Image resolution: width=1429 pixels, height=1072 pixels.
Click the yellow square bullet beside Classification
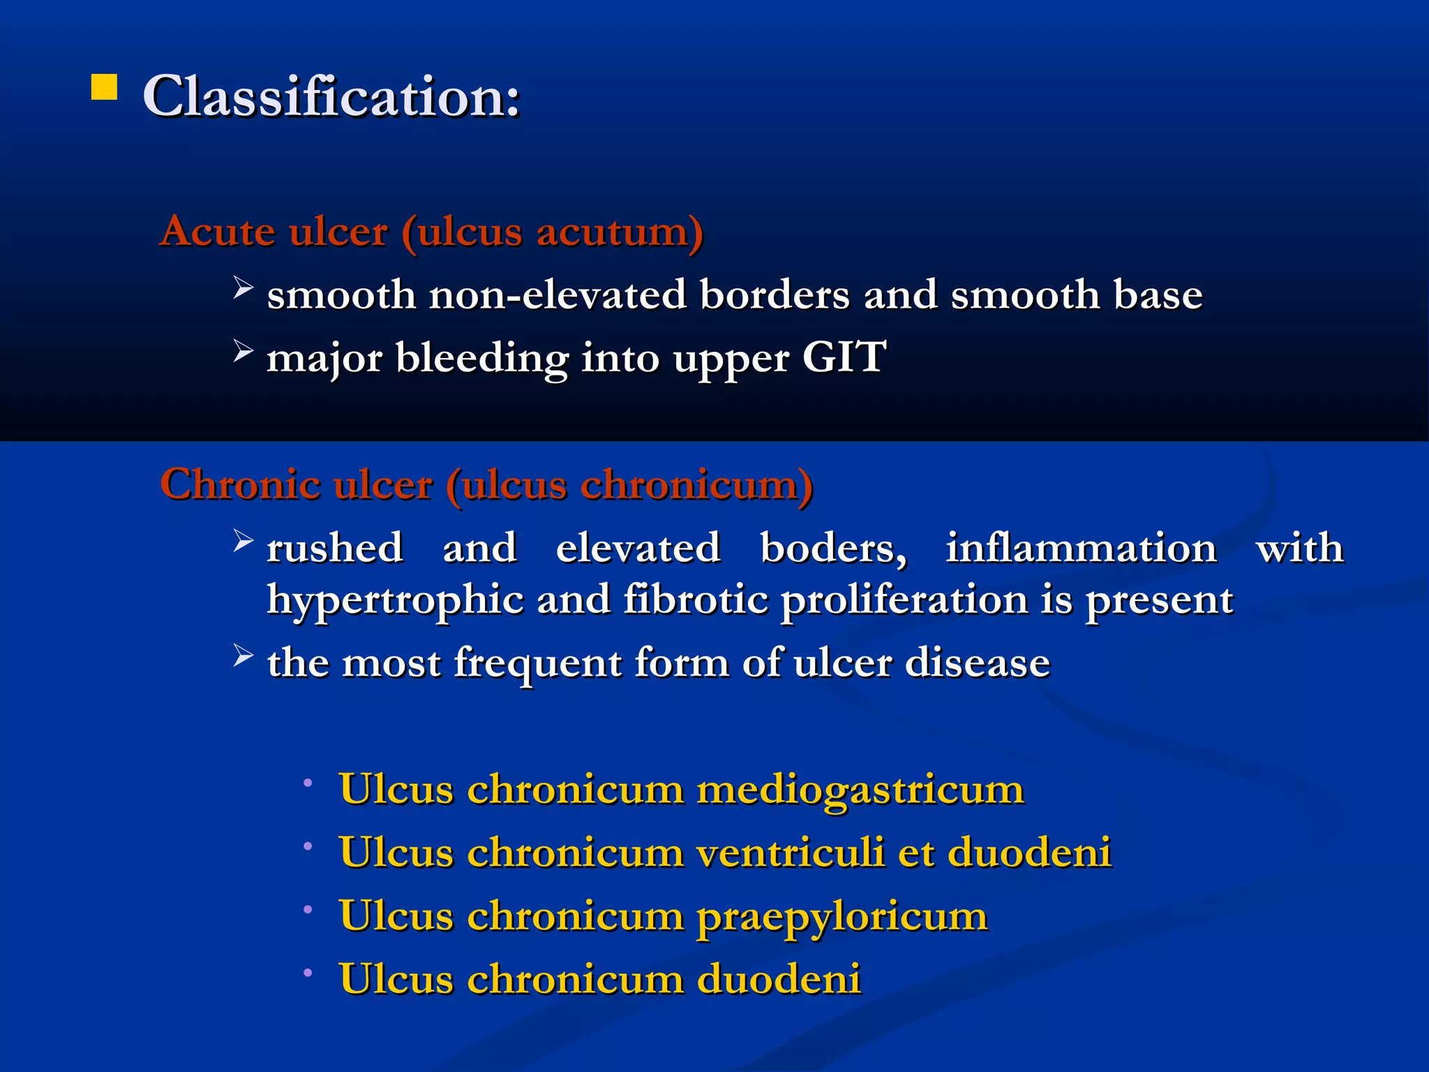104,88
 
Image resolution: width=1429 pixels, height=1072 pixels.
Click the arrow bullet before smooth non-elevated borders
242,287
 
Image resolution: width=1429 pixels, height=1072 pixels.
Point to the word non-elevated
558,295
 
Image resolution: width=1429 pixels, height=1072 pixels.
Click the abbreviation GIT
844,357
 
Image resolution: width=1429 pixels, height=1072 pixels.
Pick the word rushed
335,548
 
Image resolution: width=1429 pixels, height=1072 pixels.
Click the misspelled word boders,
833,548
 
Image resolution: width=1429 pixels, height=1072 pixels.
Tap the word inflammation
1081,548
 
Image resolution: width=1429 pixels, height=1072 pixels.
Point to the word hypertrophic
395,600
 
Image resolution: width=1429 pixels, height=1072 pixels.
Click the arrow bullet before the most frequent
242,655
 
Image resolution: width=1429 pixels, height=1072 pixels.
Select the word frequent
537,663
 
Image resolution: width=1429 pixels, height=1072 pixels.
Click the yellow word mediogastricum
860,791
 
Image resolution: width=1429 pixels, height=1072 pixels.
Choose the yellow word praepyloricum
841,917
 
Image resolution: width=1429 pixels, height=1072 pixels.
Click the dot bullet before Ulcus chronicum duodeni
308,971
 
